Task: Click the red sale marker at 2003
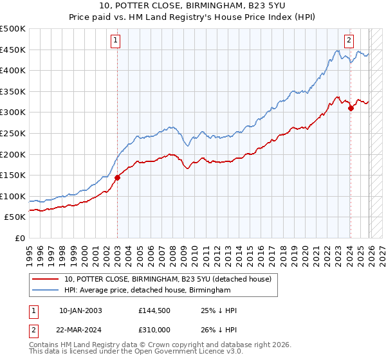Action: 117,177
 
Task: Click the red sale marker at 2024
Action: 351,108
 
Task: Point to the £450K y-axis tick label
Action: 13,50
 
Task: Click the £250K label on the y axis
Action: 13,134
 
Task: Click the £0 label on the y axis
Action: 20,239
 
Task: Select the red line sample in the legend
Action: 46,279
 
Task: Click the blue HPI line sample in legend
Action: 46,291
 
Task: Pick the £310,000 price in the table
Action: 155,330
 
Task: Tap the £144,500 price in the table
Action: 155,310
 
